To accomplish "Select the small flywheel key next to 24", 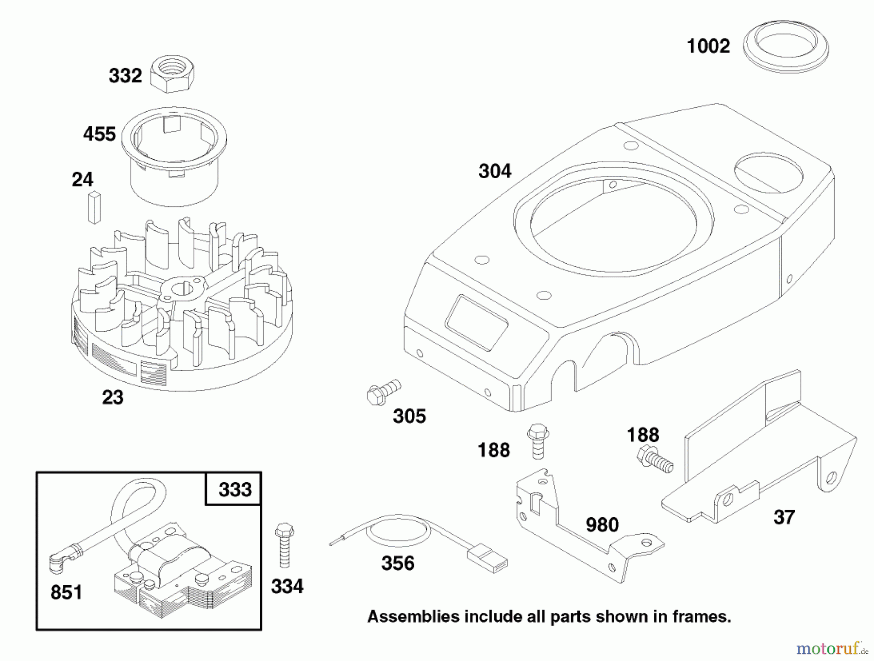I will click(94, 207).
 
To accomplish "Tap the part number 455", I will click(100, 135).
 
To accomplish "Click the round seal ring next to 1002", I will click(786, 48).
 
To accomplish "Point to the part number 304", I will click(495, 171).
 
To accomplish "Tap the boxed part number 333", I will click(235, 490).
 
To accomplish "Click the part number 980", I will click(602, 525).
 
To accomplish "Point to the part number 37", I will click(784, 517).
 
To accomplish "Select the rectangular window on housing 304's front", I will click(477, 322).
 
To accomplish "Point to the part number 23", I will click(113, 397).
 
